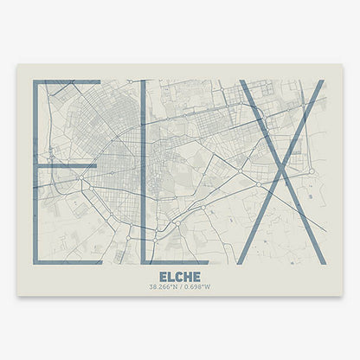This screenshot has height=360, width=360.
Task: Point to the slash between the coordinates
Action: coord(181,286)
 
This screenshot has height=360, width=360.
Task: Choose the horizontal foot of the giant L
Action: coord(173,260)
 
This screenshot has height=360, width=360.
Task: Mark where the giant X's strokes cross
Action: coord(281,171)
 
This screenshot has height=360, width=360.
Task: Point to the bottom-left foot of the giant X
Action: coord(245,260)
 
